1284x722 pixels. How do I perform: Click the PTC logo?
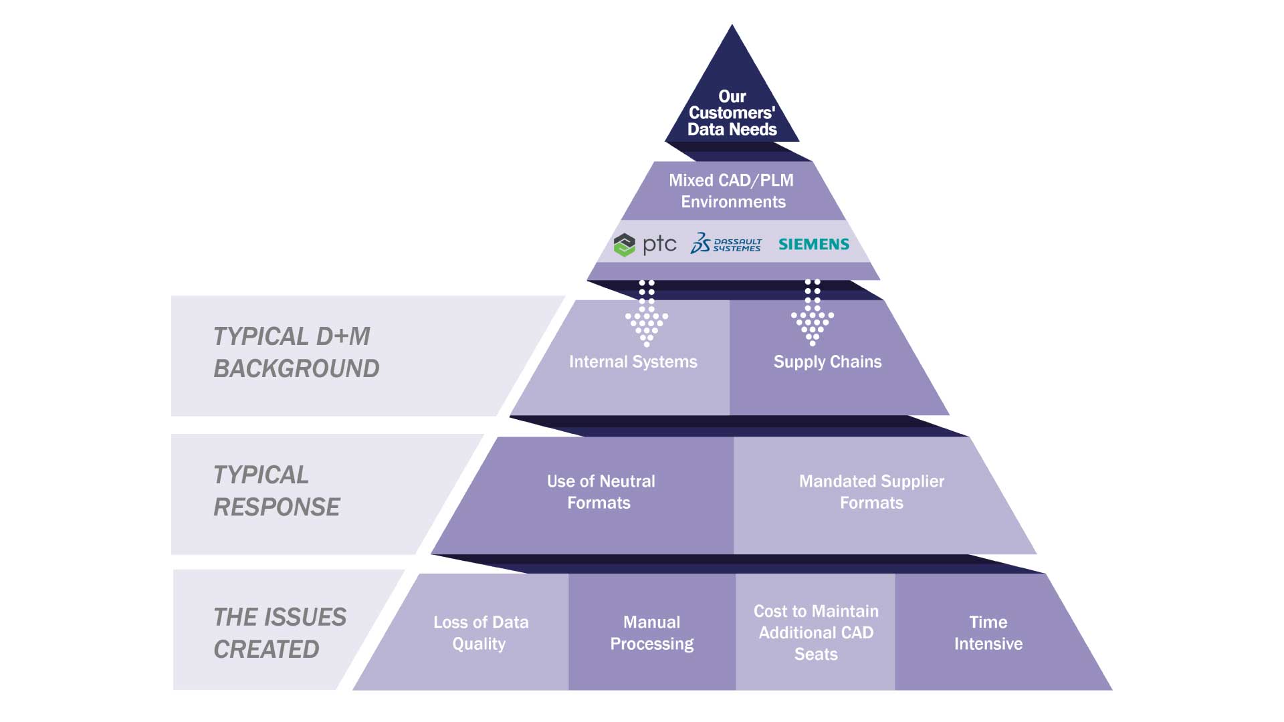pos(645,245)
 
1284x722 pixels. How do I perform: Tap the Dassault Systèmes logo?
pos(726,243)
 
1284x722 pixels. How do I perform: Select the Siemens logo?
pos(814,244)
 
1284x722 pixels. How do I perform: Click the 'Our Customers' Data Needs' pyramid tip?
pos(732,107)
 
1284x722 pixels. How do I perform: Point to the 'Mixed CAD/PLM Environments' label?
pos(733,191)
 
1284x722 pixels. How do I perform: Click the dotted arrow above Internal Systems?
pos(647,313)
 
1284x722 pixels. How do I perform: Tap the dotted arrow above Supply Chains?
pos(813,313)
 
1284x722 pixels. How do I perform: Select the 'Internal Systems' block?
pos(633,362)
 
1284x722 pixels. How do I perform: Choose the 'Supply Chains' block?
pos(828,362)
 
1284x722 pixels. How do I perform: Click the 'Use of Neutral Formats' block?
pos(600,492)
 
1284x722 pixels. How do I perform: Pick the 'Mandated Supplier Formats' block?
pos(871,492)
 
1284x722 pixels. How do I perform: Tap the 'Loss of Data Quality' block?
pos(480,632)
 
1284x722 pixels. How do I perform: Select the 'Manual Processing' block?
pos(652,632)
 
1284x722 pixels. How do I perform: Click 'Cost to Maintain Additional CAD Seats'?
pos(816,632)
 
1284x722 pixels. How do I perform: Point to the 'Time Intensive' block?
pos(988,632)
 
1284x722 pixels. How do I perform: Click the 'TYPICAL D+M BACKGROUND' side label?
pos(296,352)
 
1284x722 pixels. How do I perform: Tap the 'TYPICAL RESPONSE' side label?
pos(276,491)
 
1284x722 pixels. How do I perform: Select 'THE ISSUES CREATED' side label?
pos(280,632)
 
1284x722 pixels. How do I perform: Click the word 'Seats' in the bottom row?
pos(816,654)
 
